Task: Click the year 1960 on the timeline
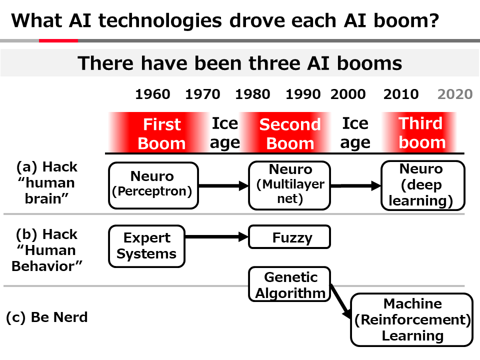pyautogui.click(x=152, y=94)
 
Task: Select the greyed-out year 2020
pyautogui.click(x=455, y=94)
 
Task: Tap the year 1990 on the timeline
pyautogui.click(x=303, y=94)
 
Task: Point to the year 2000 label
pyautogui.click(x=348, y=94)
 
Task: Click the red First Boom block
pyautogui.click(x=161, y=133)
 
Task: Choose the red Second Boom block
pyautogui.click(x=290, y=133)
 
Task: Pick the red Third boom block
pyautogui.click(x=421, y=132)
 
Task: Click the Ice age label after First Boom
pyautogui.click(x=225, y=133)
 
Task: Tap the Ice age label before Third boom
pyautogui.click(x=355, y=133)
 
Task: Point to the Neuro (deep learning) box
pyautogui.click(x=422, y=185)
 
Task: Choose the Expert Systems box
pyautogui.click(x=147, y=245)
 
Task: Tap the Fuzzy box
pyautogui.click(x=290, y=237)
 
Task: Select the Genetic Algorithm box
pyautogui.click(x=290, y=284)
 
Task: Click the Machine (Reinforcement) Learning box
pyautogui.click(x=412, y=319)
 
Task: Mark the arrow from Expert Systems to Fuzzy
pyautogui.click(x=216, y=237)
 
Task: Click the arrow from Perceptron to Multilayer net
pyautogui.click(x=223, y=186)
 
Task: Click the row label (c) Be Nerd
pyautogui.click(x=46, y=317)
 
